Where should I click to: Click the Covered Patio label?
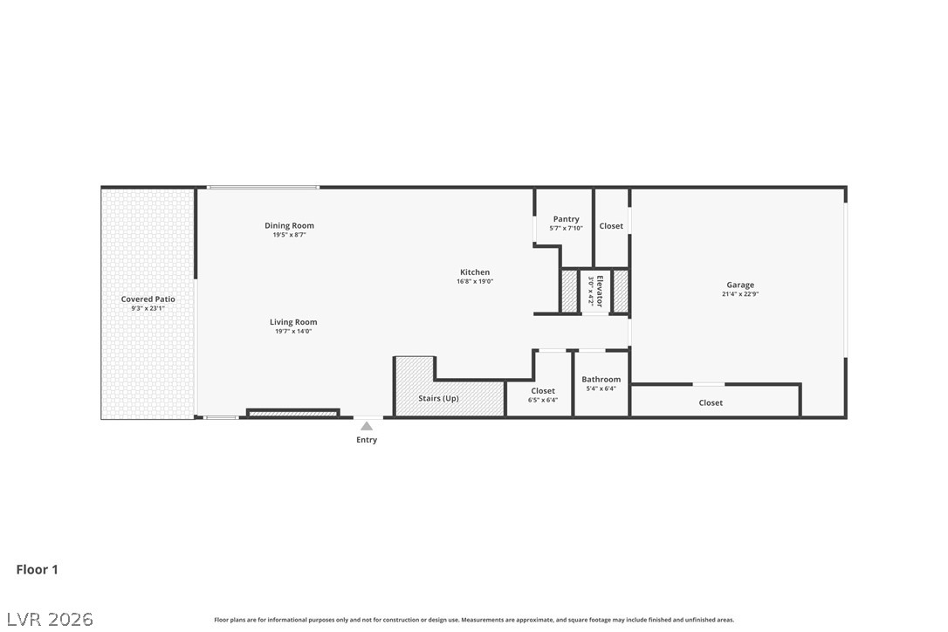[148, 299]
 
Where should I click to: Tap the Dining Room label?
[289, 226]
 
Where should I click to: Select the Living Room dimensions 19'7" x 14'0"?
[293, 332]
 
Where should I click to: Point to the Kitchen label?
[475, 272]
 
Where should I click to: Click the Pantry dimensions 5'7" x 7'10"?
[566, 229]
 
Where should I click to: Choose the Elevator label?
[600, 292]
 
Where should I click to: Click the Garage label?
[740, 285]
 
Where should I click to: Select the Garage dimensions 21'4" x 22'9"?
[740, 294]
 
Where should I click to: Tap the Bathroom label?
[601, 380]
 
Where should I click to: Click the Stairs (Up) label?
[438, 399]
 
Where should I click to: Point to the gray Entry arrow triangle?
[367, 426]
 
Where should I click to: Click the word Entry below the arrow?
[367, 440]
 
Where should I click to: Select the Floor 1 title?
[38, 570]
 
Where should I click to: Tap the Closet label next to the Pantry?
[611, 226]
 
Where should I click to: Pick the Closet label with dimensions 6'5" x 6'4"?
[543, 391]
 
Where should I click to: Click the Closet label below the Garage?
[711, 403]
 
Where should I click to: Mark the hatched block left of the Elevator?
[569, 291]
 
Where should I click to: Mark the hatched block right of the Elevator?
[621, 291]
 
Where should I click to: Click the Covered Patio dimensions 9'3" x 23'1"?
[148, 309]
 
